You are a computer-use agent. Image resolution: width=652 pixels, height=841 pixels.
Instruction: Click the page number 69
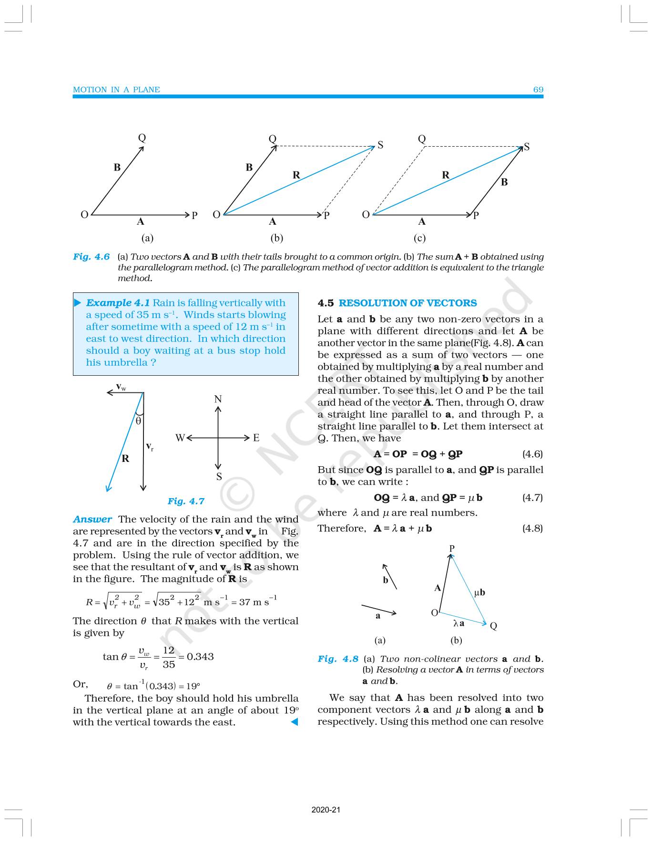pos(538,90)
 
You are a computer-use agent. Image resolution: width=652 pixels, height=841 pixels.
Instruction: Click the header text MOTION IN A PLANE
pos(116,90)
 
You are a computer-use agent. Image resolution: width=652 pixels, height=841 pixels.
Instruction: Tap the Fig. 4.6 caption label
pos(92,257)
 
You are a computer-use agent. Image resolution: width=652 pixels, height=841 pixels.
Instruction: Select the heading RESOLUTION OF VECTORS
pos(407,303)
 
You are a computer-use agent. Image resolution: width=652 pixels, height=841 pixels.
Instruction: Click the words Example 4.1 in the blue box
pos(118,303)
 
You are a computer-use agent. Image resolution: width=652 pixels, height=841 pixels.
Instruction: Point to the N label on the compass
pos(218,399)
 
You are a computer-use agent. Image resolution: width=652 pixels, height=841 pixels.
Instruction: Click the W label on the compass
pos(180,438)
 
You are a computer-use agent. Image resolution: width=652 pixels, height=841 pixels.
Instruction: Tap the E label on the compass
pos(256,438)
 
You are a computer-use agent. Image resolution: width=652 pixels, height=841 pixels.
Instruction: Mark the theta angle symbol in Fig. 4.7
pos(138,421)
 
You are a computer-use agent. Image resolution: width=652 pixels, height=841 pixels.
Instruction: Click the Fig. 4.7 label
pos(186,501)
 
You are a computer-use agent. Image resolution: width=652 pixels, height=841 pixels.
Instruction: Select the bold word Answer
pos(92,519)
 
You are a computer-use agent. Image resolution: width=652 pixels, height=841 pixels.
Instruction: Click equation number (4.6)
pos(532,454)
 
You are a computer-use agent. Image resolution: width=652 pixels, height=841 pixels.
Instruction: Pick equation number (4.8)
pos(532,528)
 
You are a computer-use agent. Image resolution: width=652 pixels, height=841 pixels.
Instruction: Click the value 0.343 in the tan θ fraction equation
pos(200,656)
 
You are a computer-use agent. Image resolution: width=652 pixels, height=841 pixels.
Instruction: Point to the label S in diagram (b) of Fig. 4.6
pos(380,145)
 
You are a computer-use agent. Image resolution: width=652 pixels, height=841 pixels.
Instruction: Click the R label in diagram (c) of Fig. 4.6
pos(446,175)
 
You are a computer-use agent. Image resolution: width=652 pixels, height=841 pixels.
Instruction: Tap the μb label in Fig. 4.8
pos(479,592)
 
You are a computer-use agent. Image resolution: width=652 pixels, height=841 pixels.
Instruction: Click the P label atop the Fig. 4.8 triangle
pos(452,548)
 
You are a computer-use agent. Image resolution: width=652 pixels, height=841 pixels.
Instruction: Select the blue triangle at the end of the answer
pos(294,722)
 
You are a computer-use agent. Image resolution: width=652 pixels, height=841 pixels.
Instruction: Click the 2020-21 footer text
pos(326,810)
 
